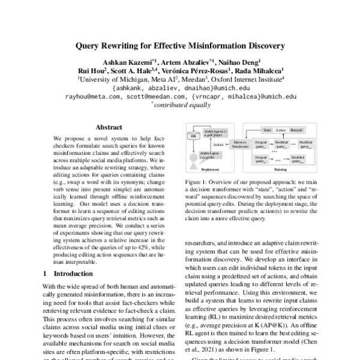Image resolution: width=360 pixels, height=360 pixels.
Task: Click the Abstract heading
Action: tap(109, 127)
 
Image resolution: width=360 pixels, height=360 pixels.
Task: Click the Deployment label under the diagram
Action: tap(210, 170)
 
